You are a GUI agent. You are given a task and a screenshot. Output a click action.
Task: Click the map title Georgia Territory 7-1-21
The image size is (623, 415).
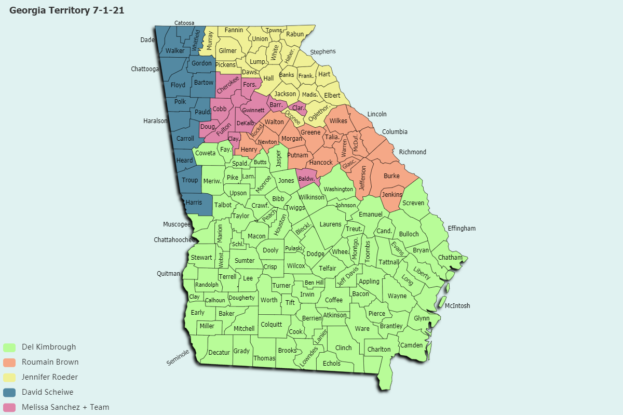66,10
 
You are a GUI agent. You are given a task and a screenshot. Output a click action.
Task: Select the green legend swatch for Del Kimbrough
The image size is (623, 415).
9,347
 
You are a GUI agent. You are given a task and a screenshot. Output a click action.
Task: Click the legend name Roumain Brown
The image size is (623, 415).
50,362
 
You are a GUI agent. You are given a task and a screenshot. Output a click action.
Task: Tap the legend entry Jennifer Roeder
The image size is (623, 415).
50,377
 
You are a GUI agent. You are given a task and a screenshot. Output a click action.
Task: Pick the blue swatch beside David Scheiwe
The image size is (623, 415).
9,392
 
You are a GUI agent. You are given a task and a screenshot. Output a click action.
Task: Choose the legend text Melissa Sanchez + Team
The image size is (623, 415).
65,407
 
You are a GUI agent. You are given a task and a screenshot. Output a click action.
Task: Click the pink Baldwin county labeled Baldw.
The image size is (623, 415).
307,179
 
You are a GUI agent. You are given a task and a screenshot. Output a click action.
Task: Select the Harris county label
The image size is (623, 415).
194,202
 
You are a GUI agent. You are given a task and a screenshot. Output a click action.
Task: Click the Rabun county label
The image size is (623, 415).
295,35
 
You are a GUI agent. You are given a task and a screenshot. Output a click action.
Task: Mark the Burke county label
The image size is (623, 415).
391,176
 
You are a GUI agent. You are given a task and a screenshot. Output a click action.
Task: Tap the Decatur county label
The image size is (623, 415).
219,353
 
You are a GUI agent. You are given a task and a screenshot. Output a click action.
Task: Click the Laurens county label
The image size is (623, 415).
330,224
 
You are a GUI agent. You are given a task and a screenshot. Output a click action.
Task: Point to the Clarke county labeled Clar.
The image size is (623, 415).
298,108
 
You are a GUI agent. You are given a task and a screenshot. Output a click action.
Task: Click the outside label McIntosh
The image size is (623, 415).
457,306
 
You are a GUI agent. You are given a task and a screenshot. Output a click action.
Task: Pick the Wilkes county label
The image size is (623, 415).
338,121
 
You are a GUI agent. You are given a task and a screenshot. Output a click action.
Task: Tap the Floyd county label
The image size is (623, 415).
178,85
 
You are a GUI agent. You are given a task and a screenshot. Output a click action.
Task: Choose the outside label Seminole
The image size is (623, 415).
178,357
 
